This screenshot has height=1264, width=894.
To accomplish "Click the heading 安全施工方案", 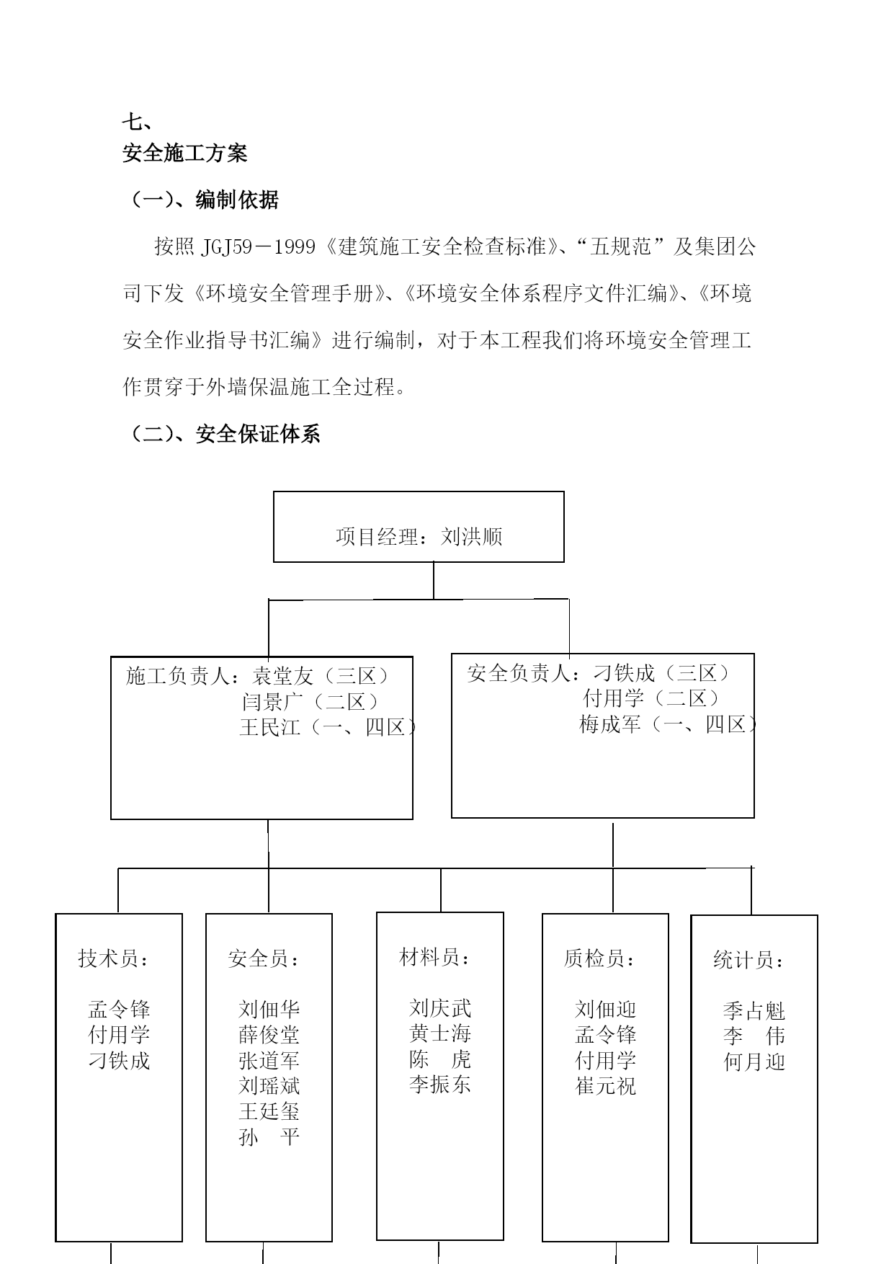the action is pos(185,153).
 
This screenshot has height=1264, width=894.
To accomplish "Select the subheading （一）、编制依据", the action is pos(201,200).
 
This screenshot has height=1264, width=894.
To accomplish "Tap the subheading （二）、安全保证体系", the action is pos(222,434).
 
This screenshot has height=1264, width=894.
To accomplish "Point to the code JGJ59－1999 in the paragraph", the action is pos(259,247).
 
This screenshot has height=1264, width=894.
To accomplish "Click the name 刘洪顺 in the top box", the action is pos(472,537).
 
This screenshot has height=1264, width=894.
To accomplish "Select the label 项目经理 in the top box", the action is pos(377,537).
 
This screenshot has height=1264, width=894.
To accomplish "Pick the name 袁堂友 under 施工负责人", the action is pos(283,675).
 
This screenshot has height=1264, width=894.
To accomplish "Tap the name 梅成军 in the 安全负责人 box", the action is pos(610,724).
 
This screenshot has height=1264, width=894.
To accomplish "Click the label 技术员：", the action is pos(114,958).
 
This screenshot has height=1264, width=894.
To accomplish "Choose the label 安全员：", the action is pos(264,958).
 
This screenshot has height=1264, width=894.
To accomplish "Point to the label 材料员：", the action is pos(435,957).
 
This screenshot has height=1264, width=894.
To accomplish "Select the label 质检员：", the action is pos(600,958).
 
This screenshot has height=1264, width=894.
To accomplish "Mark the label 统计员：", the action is pos(749,960).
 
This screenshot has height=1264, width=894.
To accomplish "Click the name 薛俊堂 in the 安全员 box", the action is pos(269,1035).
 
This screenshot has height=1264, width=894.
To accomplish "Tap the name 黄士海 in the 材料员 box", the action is pos(440,1033).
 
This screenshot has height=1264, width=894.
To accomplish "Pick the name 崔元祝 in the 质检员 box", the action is pos(606,1086).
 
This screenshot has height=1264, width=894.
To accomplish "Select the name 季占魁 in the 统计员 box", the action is pos(754,1011).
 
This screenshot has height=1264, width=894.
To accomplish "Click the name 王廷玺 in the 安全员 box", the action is pos(269,1111).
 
